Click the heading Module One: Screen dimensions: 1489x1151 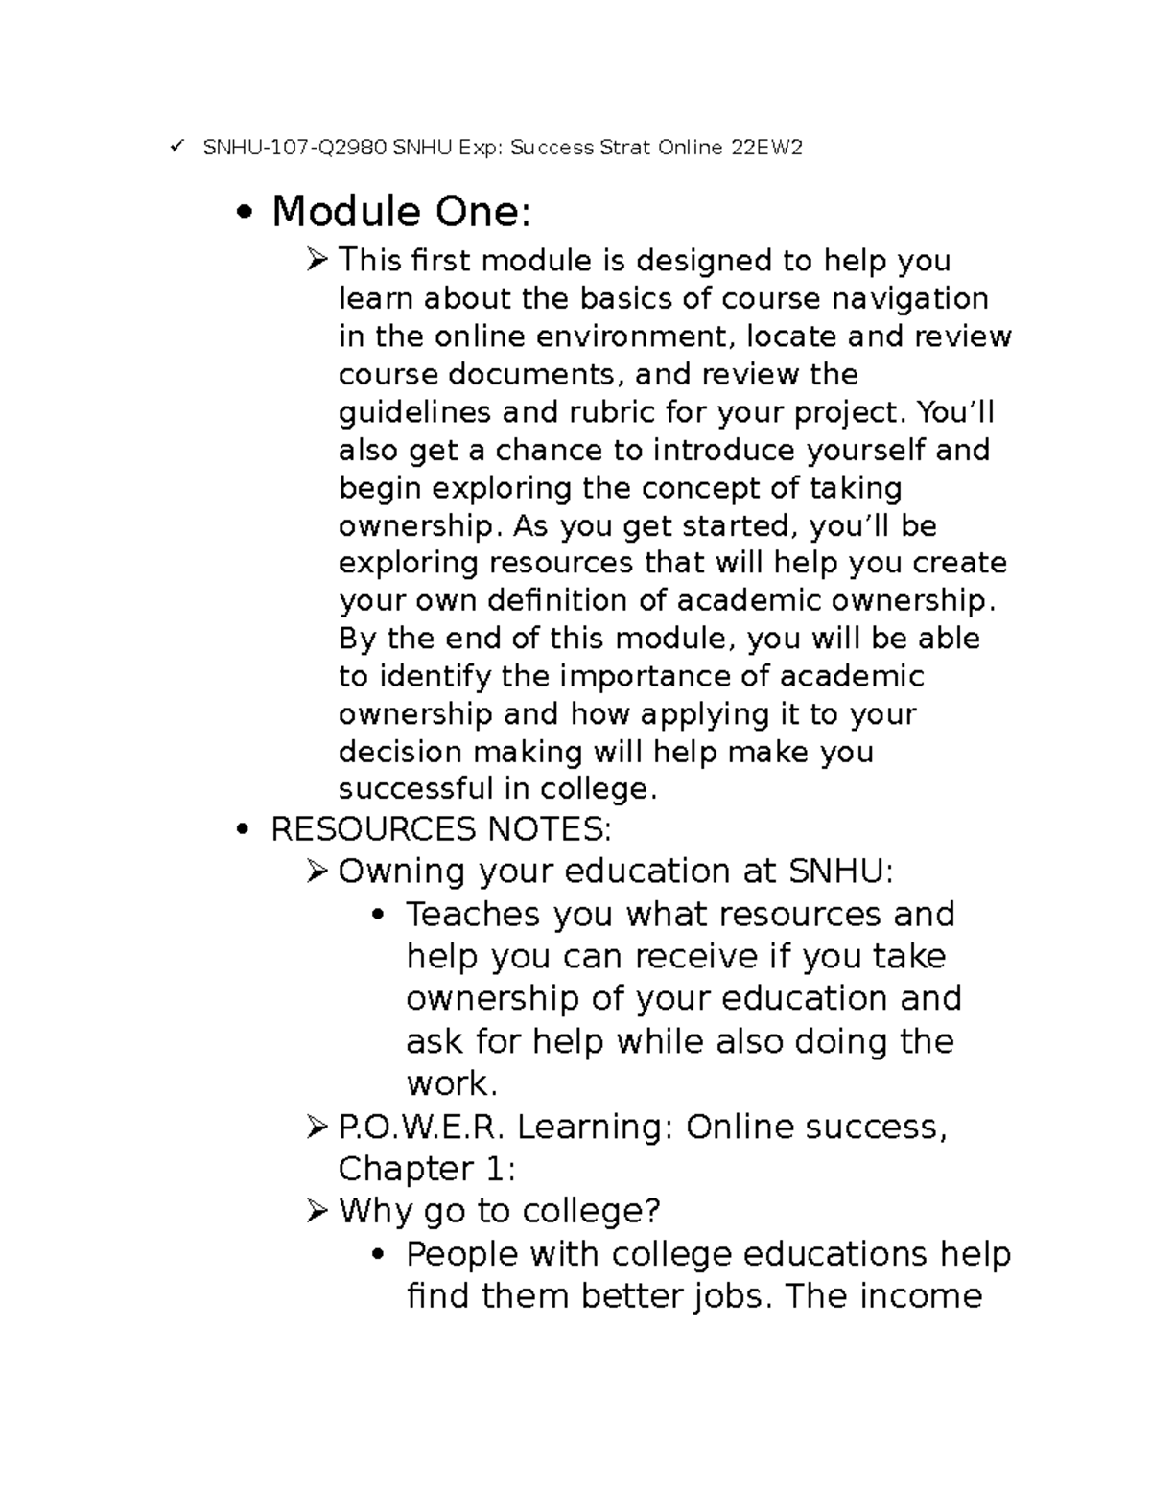[400, 212]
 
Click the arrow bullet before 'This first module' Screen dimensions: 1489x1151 [317, 259]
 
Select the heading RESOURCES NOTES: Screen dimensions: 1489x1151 [441, 828]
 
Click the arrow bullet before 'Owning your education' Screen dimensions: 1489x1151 [317, 871]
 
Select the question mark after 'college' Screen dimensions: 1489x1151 [652, 1211]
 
